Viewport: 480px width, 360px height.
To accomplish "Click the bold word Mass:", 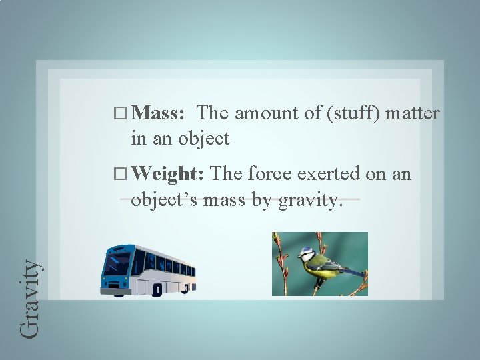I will point(158,113).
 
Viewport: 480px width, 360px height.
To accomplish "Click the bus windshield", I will point(117,263).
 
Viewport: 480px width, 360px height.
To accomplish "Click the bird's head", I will point(307,254).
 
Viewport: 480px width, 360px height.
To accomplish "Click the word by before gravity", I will point(262,200).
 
